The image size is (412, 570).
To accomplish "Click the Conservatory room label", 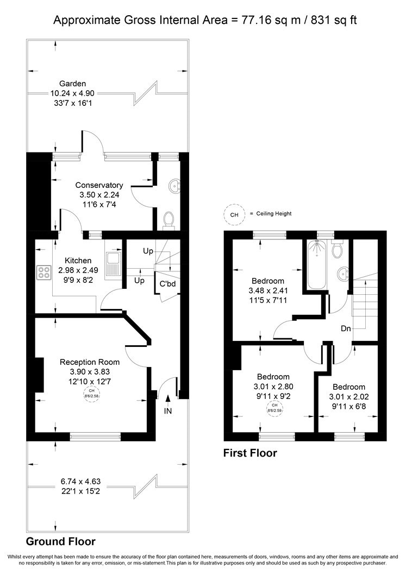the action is pyautogui.click(x=99, y=185).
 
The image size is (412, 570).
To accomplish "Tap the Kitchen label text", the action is pyautogui.click(x=78, y=261).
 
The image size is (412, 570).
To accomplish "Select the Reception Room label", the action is pyautogui.click(x=90, y=362).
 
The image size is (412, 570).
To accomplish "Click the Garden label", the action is pyautogui.click(x=72, y=84).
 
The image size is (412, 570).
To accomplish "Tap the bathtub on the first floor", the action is pyautogui.click(x=317, y=264).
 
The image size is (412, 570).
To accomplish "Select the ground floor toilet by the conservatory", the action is pyautogui.click(x=168, y=220).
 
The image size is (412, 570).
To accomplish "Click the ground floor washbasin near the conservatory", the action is pyautogui.click(x=175, y=186).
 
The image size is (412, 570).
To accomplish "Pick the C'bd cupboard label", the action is pyautogui.click(x=167, y=284).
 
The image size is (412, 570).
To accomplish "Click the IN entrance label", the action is pyautogui.click(x=168, y=411).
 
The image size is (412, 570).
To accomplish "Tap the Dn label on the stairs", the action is pyautogui.click(x=346, y=328).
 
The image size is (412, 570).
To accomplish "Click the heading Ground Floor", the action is pyautogui.click(x=61, y=542).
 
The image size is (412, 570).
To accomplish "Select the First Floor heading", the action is pyautogui.click(x=250, y=453).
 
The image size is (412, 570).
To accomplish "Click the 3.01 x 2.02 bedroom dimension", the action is pyautogui.click(x=348, y=397).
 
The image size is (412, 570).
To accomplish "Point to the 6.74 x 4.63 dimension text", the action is pyautogui.click(x=80, y=482).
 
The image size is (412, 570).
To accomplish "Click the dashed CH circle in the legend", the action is pyautogui.click(x=234, y=214).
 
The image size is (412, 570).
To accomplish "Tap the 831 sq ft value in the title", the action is pyautogui.click(x=334, y=20).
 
